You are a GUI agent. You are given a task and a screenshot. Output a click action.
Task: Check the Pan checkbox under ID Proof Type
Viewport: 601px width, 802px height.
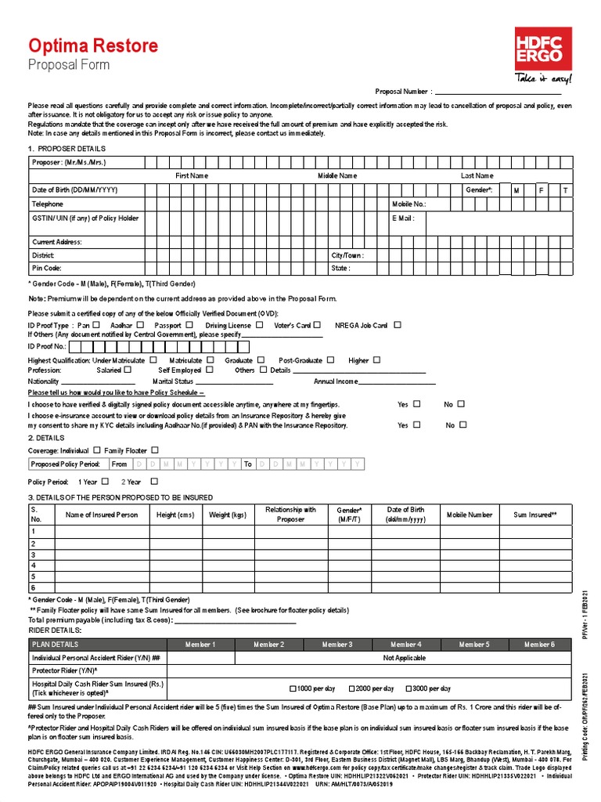[x=96, y=324]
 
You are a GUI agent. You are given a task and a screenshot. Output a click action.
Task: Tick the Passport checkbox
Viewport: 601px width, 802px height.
[x=187, y=324]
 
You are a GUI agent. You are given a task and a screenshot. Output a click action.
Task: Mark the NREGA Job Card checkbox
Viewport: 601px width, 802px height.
[x=398, y=324]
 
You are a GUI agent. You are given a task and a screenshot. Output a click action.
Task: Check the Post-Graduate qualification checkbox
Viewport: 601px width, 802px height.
[x=330, y=359]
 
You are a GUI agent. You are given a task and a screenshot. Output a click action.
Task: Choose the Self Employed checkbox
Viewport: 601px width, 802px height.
[x=210, y=369]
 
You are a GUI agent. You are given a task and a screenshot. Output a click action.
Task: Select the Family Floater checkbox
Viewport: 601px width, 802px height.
[x=155, y=450]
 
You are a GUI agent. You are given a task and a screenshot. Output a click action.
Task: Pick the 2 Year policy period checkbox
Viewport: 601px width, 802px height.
[x=154, y=482]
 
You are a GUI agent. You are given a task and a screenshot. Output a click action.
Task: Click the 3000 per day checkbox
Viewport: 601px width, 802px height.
[x=408, y=688]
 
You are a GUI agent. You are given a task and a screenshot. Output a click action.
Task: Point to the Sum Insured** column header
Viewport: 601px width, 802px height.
[x=535, y=515]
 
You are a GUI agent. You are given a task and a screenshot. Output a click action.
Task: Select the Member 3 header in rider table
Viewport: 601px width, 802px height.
[x=334, y=644]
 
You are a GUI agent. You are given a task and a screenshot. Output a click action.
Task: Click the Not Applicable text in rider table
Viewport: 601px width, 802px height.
[x=404, y=658]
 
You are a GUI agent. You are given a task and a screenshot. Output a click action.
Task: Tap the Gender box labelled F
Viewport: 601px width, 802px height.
[x=541, y=190]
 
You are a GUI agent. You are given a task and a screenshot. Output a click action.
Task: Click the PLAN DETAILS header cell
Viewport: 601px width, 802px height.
[x=55, y=644]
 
